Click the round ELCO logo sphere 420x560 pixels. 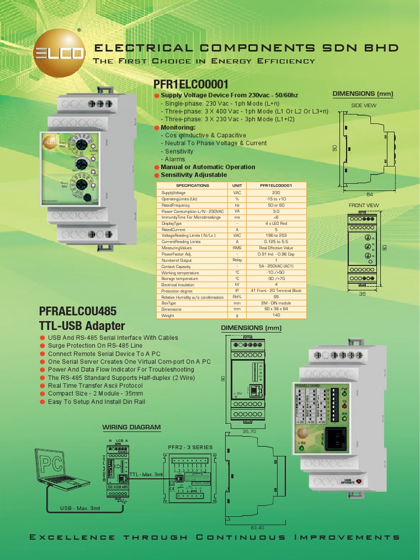[59, 52]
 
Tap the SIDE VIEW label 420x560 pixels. [363, 105]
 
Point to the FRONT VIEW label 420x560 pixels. [364, 205]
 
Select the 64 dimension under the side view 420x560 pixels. [369, 194]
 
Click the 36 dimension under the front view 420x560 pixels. [361, 294]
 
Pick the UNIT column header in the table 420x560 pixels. [237, 185]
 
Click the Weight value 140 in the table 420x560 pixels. [276, 316]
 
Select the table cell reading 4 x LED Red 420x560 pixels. [276, 223]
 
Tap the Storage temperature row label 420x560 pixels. [180, 278]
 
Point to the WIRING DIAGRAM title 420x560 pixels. [132, 427]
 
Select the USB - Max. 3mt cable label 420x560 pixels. [81, 509]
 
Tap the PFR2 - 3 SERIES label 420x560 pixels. [189, 447]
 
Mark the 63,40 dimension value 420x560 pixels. [257, 528]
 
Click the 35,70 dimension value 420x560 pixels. [249, 431]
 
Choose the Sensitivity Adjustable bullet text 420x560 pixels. [194, 175]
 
